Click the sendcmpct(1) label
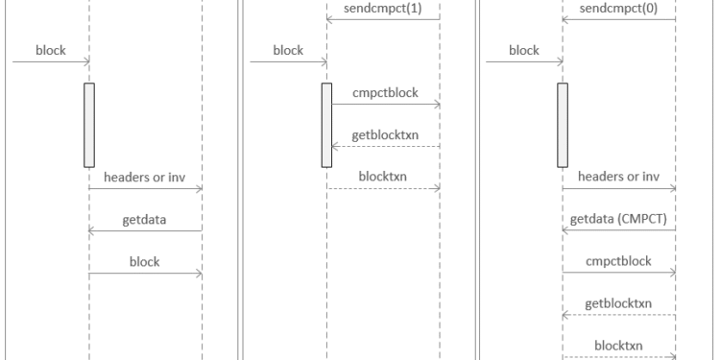383,8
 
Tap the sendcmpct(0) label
619,8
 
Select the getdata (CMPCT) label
618,218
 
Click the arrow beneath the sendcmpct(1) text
383,19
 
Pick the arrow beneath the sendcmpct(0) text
619,19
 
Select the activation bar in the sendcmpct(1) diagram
326,125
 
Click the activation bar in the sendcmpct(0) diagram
563,125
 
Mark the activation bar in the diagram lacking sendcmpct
89,125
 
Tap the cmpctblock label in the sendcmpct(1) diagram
383,92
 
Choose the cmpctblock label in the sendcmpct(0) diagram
619,260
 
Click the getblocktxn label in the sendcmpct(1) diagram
383,134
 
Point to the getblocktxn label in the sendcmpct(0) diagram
619,302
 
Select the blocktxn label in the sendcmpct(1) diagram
383,177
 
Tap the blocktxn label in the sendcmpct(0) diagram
619,345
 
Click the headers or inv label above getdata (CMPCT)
619,177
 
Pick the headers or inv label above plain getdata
146,177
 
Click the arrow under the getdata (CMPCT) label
619,230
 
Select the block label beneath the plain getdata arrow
146,260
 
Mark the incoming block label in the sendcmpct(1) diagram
288,51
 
